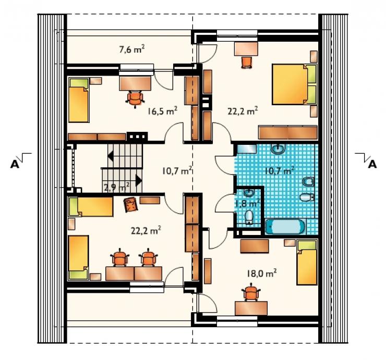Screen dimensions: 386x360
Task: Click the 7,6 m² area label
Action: tap(131, 49)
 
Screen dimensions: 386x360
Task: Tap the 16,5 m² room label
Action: tap(162, 111)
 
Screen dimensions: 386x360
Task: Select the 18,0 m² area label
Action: tap(262, 273)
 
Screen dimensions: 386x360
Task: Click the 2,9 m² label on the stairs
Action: tap(117, 188)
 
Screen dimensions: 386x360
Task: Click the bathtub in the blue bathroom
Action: tap(285, 226)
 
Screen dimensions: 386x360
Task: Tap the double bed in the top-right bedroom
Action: tap(294, 84)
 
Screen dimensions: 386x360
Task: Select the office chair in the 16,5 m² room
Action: tap(135, 98)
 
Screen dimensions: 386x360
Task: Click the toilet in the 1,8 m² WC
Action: tap(249, 217)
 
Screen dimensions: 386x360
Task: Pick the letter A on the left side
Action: tap(15, 164)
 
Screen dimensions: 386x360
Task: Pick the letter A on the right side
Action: tap(372, 164)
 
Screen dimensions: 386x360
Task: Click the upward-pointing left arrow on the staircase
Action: tap(111, 156)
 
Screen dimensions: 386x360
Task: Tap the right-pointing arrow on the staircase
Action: tap(139, 180)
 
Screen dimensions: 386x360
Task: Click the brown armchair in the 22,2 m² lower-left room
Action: tap(131, 205)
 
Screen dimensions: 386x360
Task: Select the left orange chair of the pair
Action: tap(120, 257)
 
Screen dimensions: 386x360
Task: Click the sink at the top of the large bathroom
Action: tap(278, 148)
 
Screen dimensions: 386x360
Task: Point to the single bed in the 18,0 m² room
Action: tap(307, 263)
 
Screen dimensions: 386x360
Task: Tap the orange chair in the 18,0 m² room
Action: tap(251, 292)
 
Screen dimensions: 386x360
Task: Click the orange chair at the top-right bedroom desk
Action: tap(247, 62)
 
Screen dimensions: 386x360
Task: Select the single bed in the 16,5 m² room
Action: tap(78, 100)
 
